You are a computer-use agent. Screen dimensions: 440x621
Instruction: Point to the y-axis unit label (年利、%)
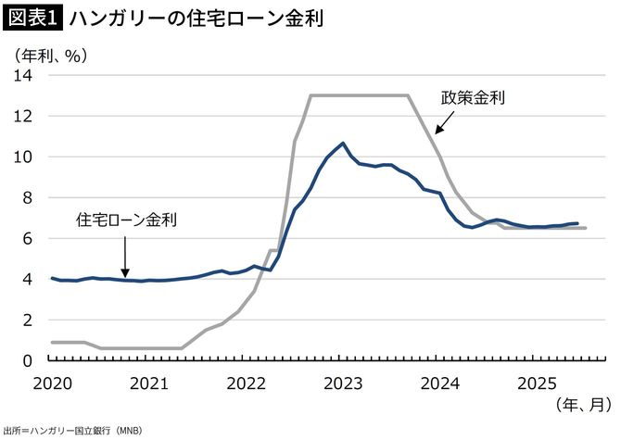51,56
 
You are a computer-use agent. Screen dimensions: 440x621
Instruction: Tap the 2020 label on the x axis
52,382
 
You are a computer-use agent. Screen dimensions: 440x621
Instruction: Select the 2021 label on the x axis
149,382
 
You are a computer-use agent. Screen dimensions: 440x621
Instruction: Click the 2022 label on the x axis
247,382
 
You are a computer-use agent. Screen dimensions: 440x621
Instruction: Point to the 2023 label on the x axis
344,382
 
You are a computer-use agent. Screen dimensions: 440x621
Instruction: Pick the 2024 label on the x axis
441,382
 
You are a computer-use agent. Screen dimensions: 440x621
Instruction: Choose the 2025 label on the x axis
539,382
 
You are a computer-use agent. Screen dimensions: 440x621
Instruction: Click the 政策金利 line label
473,97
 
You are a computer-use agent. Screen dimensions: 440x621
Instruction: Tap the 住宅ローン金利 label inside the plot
126,220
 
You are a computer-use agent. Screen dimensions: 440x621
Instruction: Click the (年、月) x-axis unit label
584,405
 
